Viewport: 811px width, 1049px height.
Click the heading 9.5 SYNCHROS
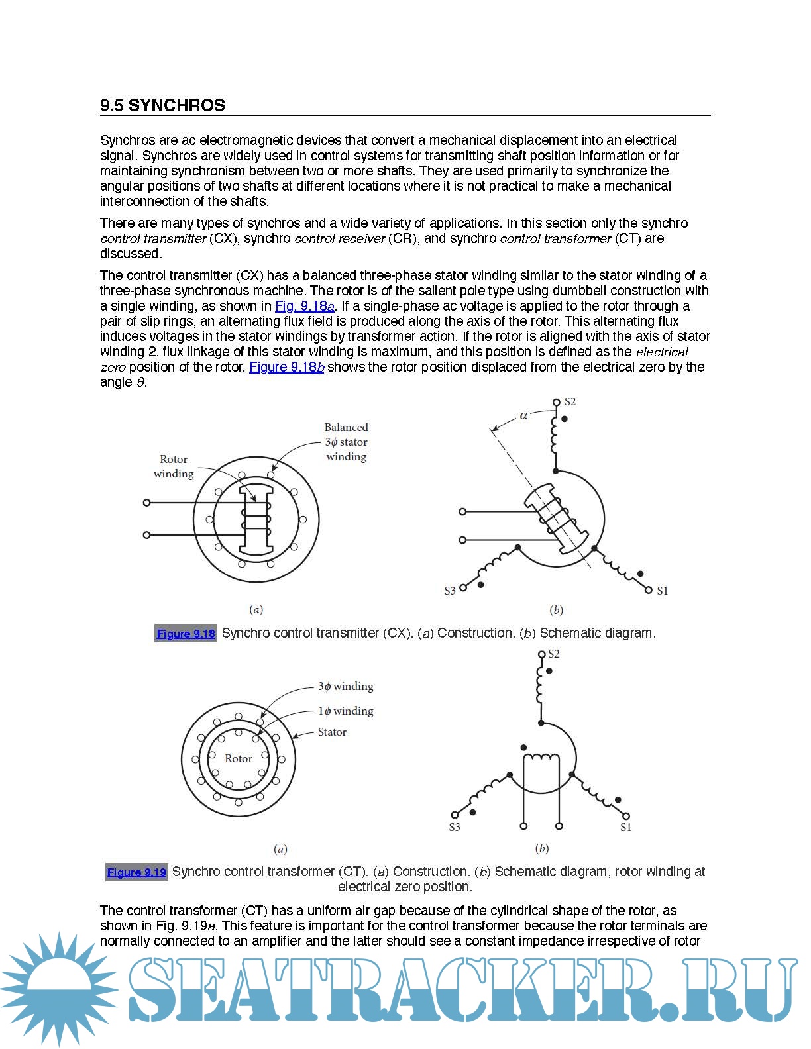coord(162,105)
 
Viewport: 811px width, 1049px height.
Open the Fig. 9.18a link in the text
coord(305,306)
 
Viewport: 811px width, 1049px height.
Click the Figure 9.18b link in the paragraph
coord(286,367)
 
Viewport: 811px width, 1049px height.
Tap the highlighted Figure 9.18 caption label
coord(186,634)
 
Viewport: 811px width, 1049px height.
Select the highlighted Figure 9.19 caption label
coord(136,872)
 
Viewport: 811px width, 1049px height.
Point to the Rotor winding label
coord(174,466)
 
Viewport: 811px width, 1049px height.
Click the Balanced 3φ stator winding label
coord(346,442)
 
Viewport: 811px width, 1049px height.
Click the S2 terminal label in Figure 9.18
coord(570,402)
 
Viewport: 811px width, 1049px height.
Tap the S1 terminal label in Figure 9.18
coord(662,591)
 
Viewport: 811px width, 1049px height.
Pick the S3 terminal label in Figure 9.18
coord(450,591)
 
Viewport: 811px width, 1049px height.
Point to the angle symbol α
coord(524,415)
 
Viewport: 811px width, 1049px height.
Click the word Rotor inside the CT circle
coord(239,759)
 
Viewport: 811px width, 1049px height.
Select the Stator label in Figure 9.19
coord(332,732)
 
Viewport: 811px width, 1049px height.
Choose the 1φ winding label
coord(345,711)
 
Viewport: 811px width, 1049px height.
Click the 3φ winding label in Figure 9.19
coord(345,687)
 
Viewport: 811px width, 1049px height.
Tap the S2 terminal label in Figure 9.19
coord(554,654)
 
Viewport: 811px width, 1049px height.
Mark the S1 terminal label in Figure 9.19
coord(625,827)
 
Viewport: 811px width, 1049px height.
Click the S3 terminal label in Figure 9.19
coord(455,827)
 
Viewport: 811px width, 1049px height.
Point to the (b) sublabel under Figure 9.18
coord(556,610)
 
